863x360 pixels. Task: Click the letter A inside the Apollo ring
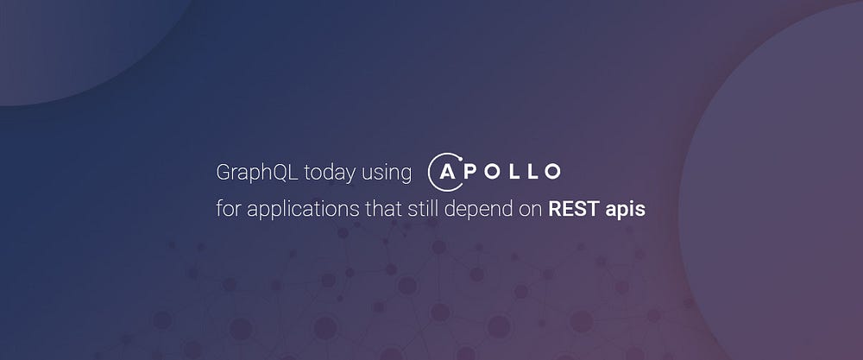pyautogui.click(x=447, y=173)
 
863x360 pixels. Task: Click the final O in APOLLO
pyautogui.click(x=552, y=173)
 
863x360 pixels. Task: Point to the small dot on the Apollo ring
pyautogui.click(x=460, y=160)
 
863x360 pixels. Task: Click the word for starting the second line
pyautogui.click(x=229, y=209)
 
